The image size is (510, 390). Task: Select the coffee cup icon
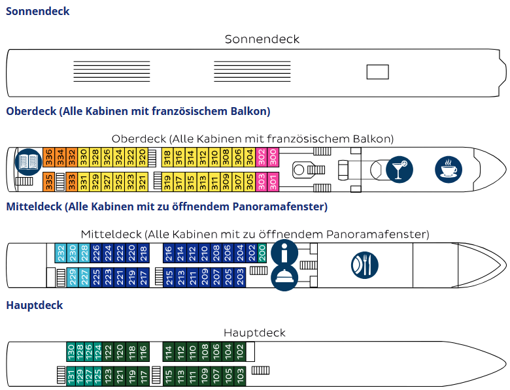click(448, 169)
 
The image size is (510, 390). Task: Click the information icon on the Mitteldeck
click(284, 252)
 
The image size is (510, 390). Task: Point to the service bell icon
click(284, 278)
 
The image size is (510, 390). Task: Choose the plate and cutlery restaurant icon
click(364, 265)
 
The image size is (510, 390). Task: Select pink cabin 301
click(273, 181)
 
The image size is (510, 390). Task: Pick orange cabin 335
click(48, 181)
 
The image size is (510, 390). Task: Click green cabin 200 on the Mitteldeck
click(262, 252)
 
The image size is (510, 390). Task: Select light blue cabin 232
click(61, 252)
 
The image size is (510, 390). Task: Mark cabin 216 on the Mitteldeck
click(168, 252)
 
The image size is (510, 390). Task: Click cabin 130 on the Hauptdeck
click(71, 351)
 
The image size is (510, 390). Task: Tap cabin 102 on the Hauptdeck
click(240, 351)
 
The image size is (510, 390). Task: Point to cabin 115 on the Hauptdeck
click(168, 376)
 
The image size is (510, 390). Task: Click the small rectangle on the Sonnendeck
click(377, 72)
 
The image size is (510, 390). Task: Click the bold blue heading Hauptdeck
click(34, 305)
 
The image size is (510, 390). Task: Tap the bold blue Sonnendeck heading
click(37, 11)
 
